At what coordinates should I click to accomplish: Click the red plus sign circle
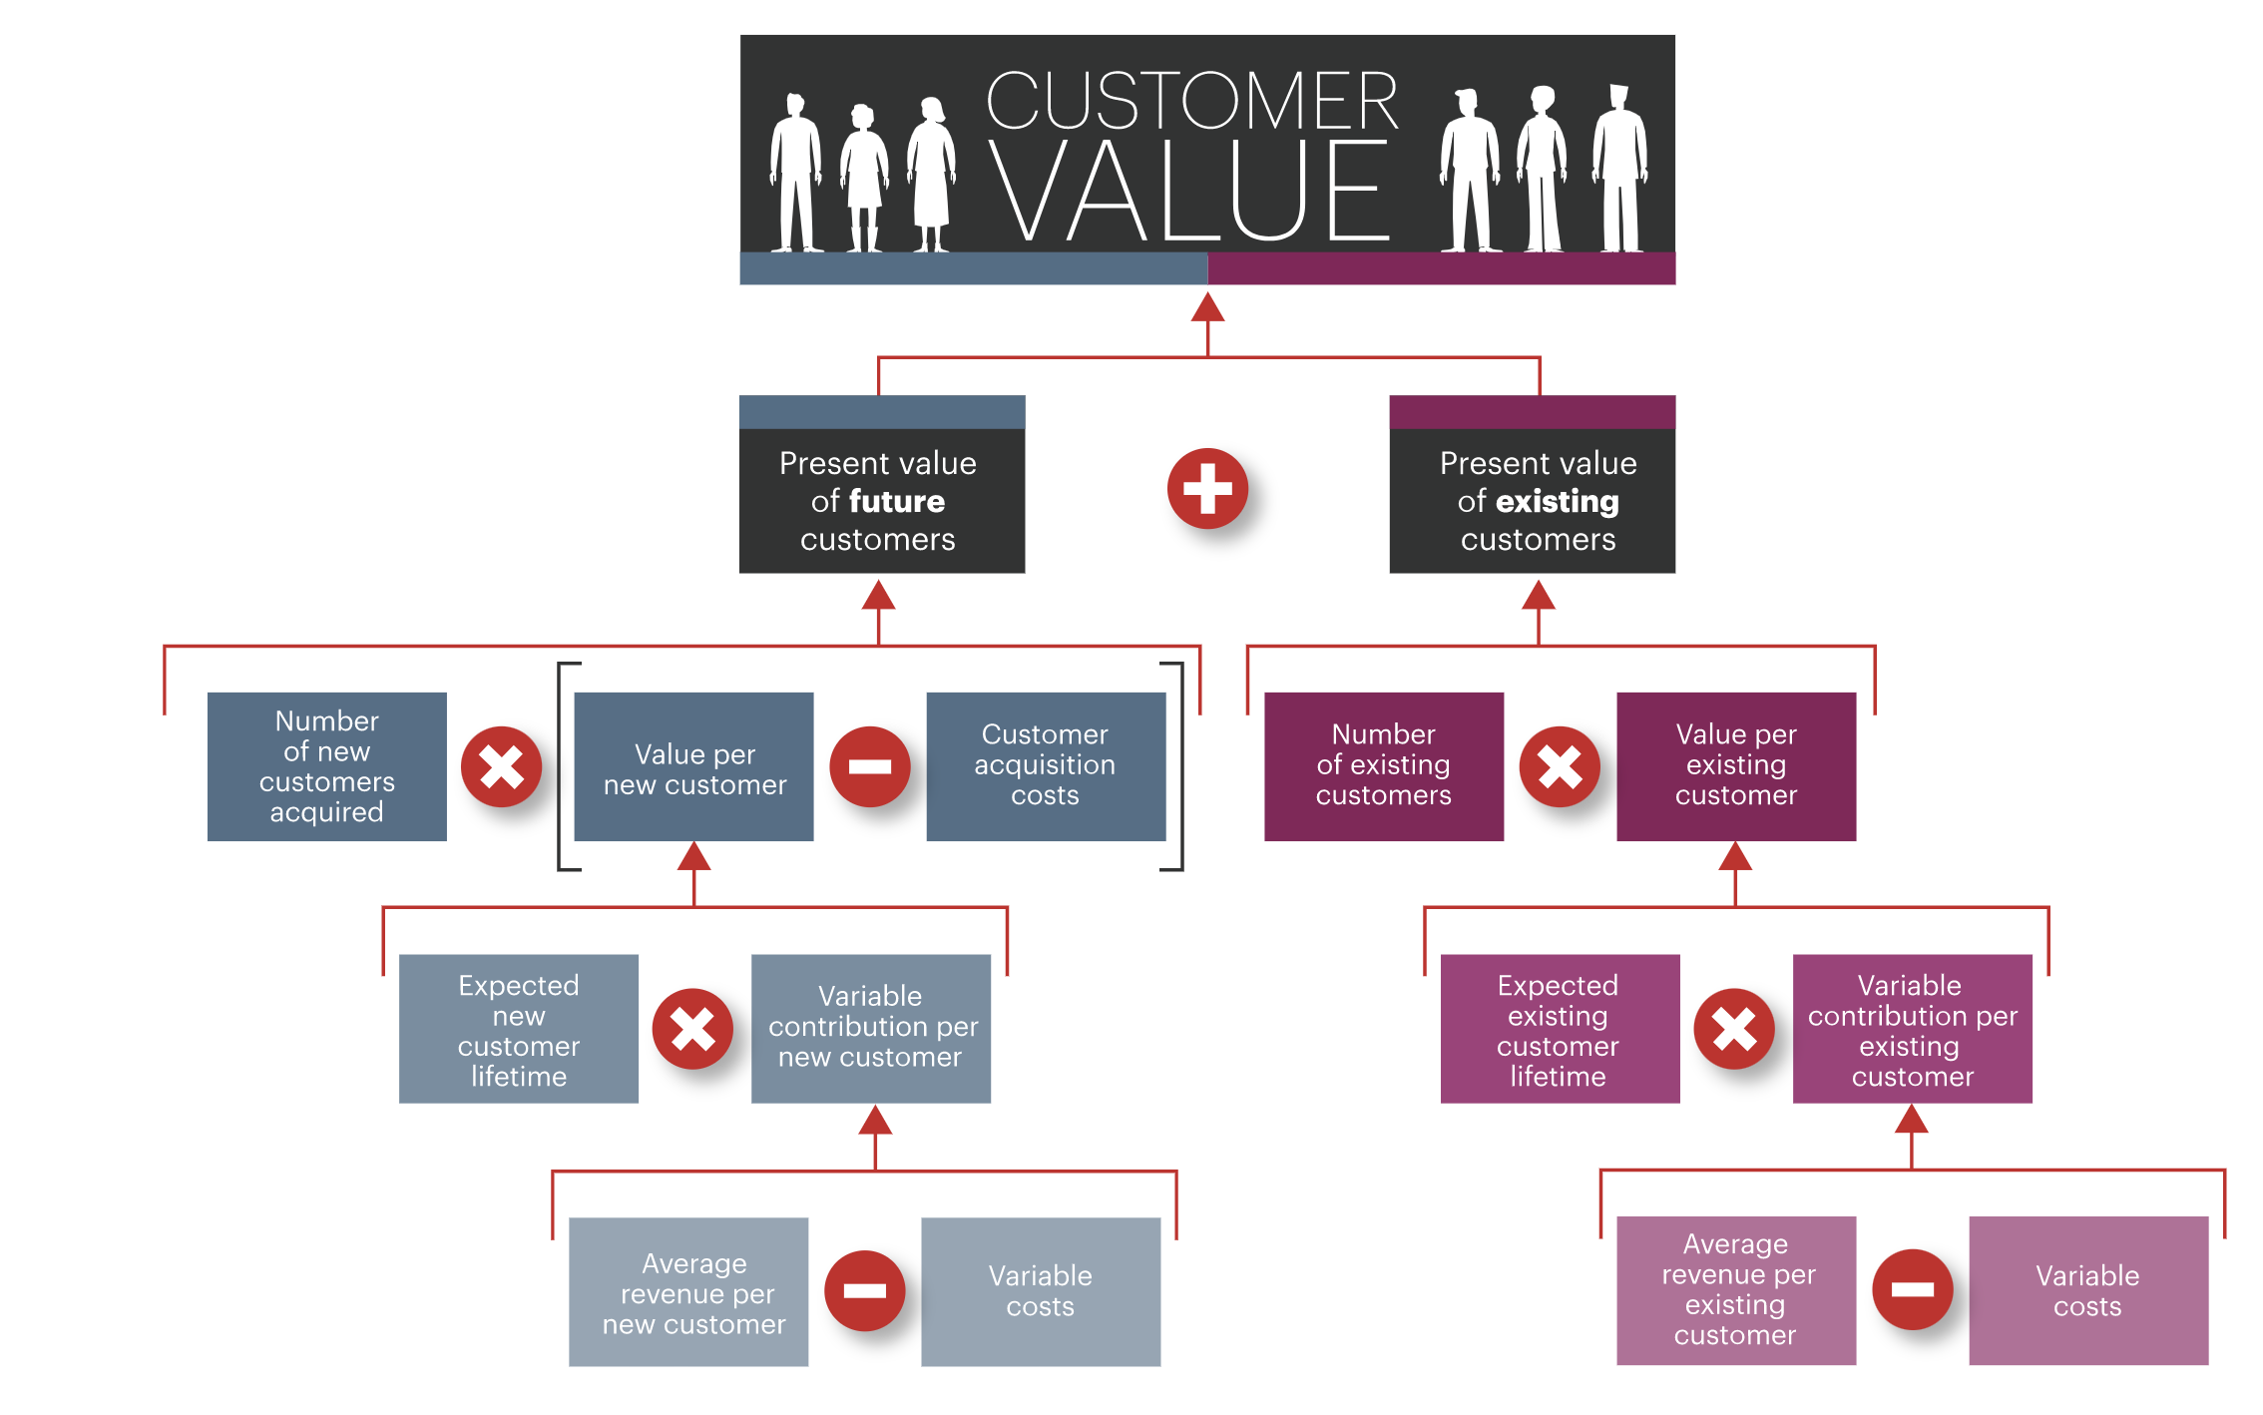coord(1207,489)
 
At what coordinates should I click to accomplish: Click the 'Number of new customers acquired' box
coord(326,766)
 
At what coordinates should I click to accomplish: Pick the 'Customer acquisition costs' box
coord(1045,766)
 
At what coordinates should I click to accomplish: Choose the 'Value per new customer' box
coord(693,766)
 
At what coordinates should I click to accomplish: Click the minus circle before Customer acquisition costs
coord(869,766)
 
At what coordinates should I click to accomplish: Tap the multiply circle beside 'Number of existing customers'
coord(1559,766)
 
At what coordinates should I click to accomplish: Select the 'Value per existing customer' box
coord(1735,766)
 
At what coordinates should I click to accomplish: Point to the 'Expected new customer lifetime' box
coord(518,1029)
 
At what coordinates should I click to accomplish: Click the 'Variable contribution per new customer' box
coord(870,1029)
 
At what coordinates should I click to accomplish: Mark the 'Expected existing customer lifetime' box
coord(1559,1029)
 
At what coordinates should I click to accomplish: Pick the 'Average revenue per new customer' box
coord(688,1291)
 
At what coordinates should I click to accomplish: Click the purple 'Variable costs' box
coord(2087,1290)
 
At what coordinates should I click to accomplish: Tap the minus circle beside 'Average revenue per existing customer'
coord(1912,1289)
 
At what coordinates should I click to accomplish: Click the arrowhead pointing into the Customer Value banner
coord(1207,308)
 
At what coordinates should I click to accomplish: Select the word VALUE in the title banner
coord(1187,191)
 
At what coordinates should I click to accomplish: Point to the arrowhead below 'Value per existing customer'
coord(1735,856)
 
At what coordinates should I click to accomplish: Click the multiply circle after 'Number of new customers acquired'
coord(501,766)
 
